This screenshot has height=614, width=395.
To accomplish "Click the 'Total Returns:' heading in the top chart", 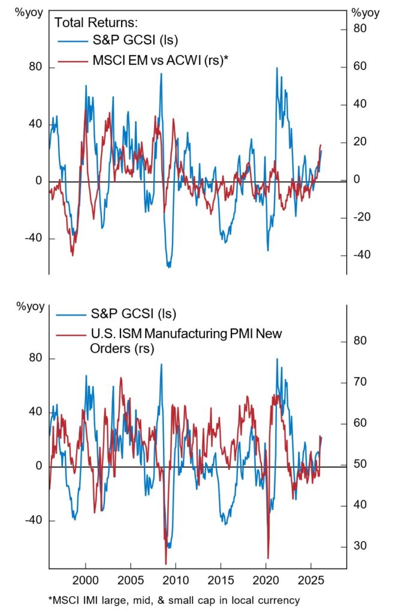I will pyautogui.click(x=96, y=23).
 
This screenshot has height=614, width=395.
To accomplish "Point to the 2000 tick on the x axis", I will pyautogui.click(x=85, y=582).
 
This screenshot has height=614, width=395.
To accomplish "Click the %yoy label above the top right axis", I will pyautogui.click(x=365, y=12).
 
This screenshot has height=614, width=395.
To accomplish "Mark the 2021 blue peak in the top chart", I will pyautogui.click(x=277, y=68).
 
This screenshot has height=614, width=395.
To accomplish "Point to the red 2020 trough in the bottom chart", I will pyautogui.click(x=268, y=558).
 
